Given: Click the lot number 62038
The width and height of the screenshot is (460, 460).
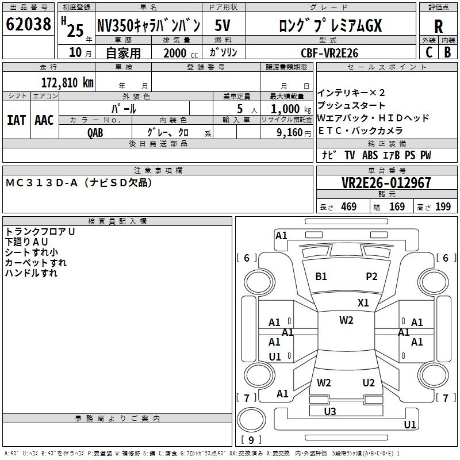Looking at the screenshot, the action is tap(28, 24).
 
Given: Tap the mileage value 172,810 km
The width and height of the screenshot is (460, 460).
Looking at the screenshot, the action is tap(67, 83).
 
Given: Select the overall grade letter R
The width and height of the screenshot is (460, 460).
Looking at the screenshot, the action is tap(438, 26).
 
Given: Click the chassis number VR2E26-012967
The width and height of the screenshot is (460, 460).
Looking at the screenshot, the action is tap(386, 183).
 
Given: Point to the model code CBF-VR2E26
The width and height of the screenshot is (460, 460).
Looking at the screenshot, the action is tap(329, 53).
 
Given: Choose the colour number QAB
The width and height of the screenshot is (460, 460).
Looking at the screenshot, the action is tap(95, 133).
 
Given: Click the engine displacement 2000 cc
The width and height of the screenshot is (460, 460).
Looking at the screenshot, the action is tap(181, 53).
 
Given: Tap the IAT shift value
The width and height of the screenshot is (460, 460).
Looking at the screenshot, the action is tap(16, 120).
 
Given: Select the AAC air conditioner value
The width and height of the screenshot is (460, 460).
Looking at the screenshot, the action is tap(44, 120).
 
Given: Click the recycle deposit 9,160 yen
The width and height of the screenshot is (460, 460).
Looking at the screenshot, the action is tap(294, 133).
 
